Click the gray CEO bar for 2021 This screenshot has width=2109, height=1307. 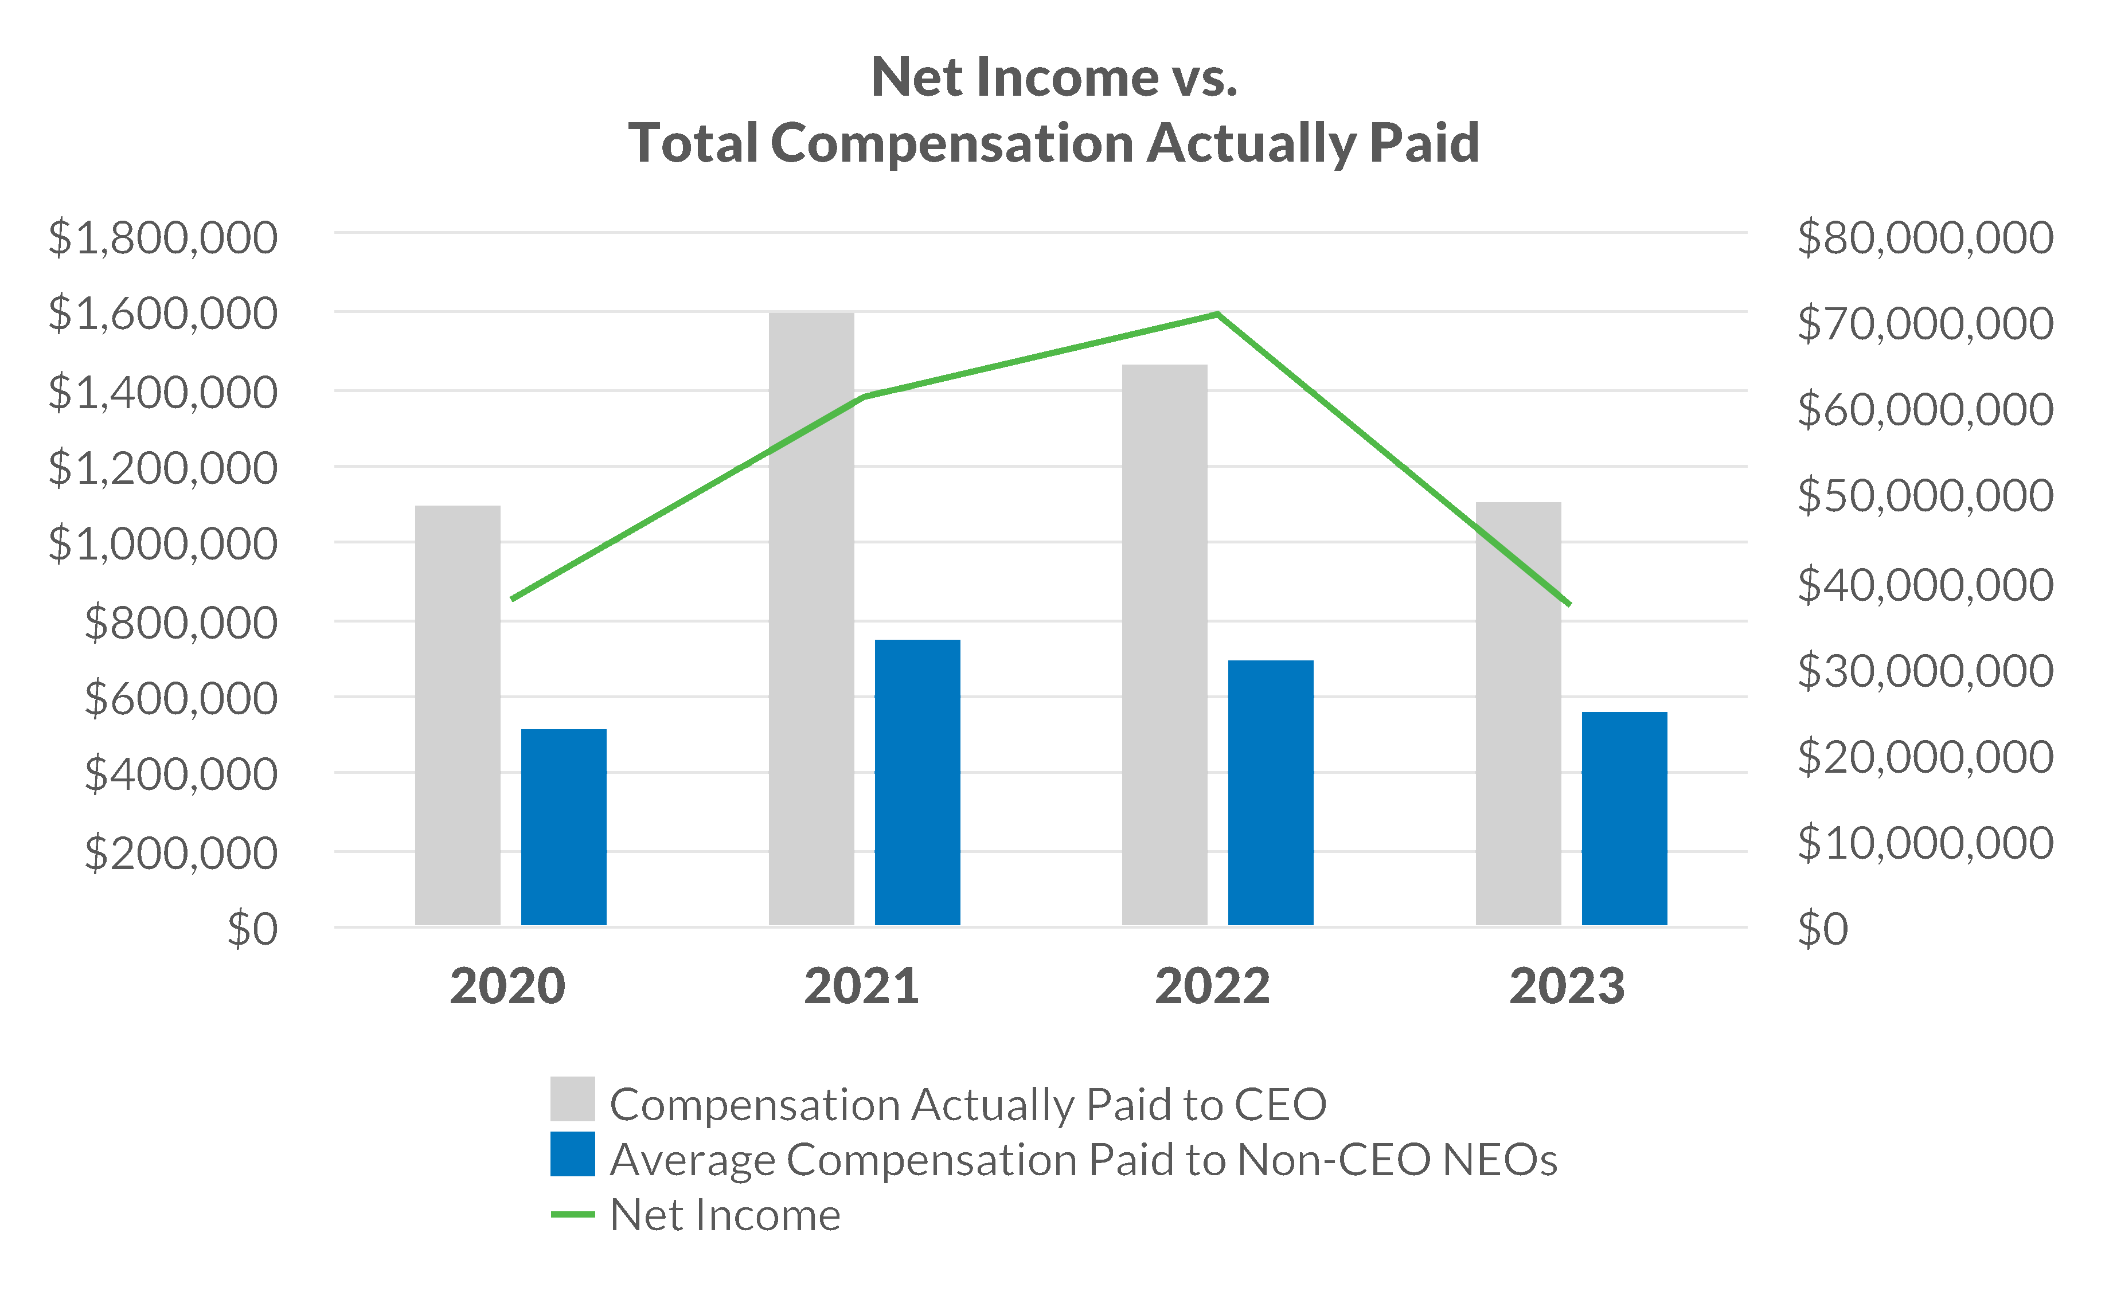(811, 618)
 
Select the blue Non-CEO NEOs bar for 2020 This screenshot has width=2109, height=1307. (564, 827)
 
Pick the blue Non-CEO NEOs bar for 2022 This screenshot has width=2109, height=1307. (1270, 793)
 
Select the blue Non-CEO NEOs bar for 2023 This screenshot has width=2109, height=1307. (1624, 819)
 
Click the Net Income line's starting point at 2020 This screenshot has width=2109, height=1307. (513, 598)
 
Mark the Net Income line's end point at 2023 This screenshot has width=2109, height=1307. (1569, 604)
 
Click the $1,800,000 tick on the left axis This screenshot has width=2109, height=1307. (163, 238)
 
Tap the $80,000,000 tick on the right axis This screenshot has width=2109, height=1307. (1925, 238)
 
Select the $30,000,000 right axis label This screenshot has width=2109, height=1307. (1925, 671)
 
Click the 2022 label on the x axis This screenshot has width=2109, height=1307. (1212, 987)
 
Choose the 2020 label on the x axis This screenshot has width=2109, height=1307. (507, 987)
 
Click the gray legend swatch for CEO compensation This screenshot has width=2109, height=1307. (572, 1099)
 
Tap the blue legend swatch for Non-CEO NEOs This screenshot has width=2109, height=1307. (572, 1154)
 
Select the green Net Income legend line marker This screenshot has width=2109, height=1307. (572, 1215)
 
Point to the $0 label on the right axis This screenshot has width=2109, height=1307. (1823, 929)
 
